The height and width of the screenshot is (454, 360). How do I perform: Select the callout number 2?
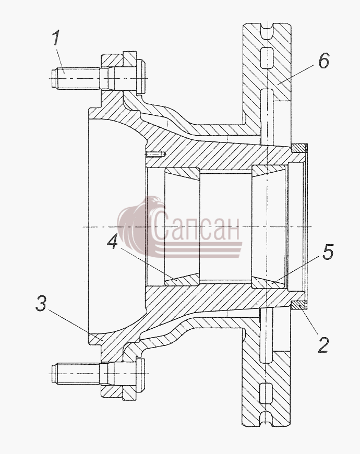(323, 344)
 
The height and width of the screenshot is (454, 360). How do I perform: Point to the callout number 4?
(113, 242)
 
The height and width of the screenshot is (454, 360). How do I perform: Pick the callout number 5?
(328, 252)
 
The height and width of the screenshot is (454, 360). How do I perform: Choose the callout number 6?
(324, 61)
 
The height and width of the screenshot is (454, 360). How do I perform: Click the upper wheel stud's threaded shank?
(76, 78)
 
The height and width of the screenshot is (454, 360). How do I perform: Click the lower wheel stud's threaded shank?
(76, 374)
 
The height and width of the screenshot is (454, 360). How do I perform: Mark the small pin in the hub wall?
(155, 154)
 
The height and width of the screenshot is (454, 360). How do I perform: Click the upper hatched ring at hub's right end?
(298, 148)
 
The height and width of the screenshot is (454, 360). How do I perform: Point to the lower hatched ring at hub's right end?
(298, 305)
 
